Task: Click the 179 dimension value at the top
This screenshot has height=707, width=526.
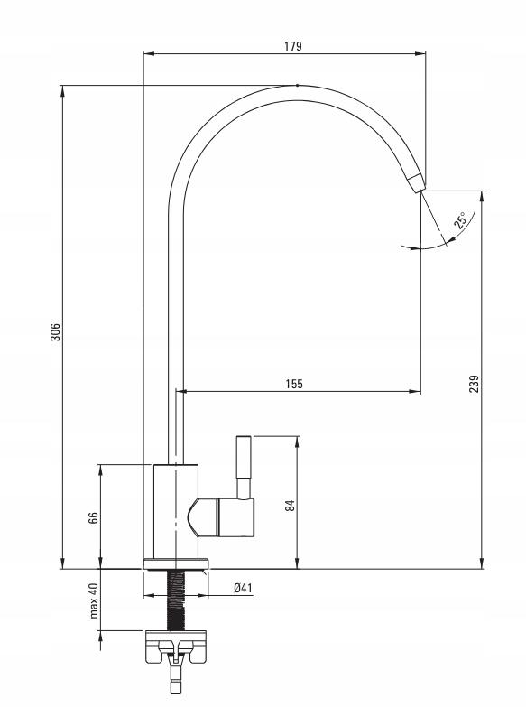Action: (x=293, y=46)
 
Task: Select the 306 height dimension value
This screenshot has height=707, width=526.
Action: (x=55, y=331)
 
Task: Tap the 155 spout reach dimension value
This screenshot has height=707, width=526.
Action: (x=294, y=384)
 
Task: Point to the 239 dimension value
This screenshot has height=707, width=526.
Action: (x=475, y=384)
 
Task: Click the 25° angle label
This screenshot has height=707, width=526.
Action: (x=461, y=220)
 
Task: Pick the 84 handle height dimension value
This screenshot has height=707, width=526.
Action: (x=291, y=505)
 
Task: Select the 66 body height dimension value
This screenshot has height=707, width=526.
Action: (x=93, y=517)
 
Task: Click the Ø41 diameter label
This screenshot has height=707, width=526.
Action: (x=243, y=588)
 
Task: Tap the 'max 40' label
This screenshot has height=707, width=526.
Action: (x=93, y=600)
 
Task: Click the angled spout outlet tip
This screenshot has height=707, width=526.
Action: (x=417, y=182)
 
